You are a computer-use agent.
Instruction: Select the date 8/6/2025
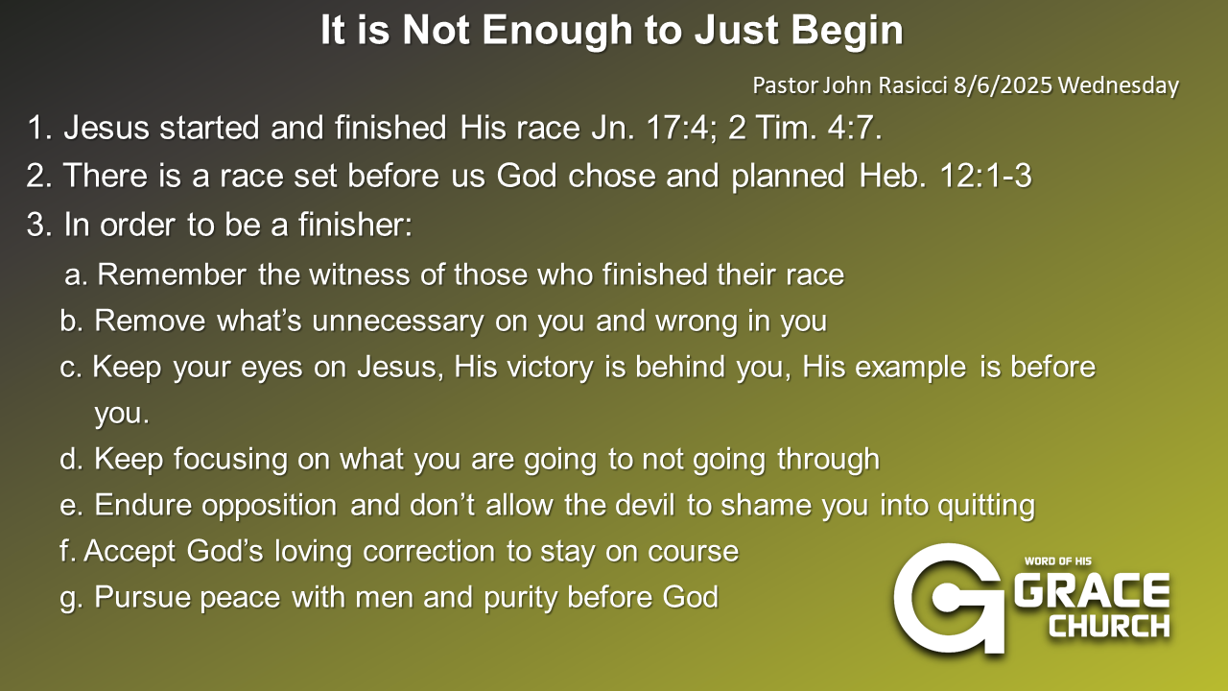pyautogui.click(x=1003, y=85)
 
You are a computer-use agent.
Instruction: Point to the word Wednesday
pyautogui.click(x=1119, y=85)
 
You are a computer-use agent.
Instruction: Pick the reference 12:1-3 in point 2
pyautogui.click(x=985, y=176)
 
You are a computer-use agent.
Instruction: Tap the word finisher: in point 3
pyautogui.click(x=355, y=225)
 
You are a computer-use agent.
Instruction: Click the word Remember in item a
pyautogui.click(x=172, y=274)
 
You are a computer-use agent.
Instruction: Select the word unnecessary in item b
pyautogui.click(x=397, y=321)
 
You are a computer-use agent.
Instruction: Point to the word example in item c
pyautogui.click(x=910, y=367)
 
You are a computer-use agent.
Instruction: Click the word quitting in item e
pyautogui.click(x=985, y=505)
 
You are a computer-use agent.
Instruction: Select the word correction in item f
pyautogui.click(x=429, y=551)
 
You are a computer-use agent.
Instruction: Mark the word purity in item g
pyautogui.click(x=519, y=597)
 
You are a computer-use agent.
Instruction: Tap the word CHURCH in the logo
pyautogui.click(x=1110, y=626)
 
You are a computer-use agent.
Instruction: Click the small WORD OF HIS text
pyautogui.click(x=1057, y=561)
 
